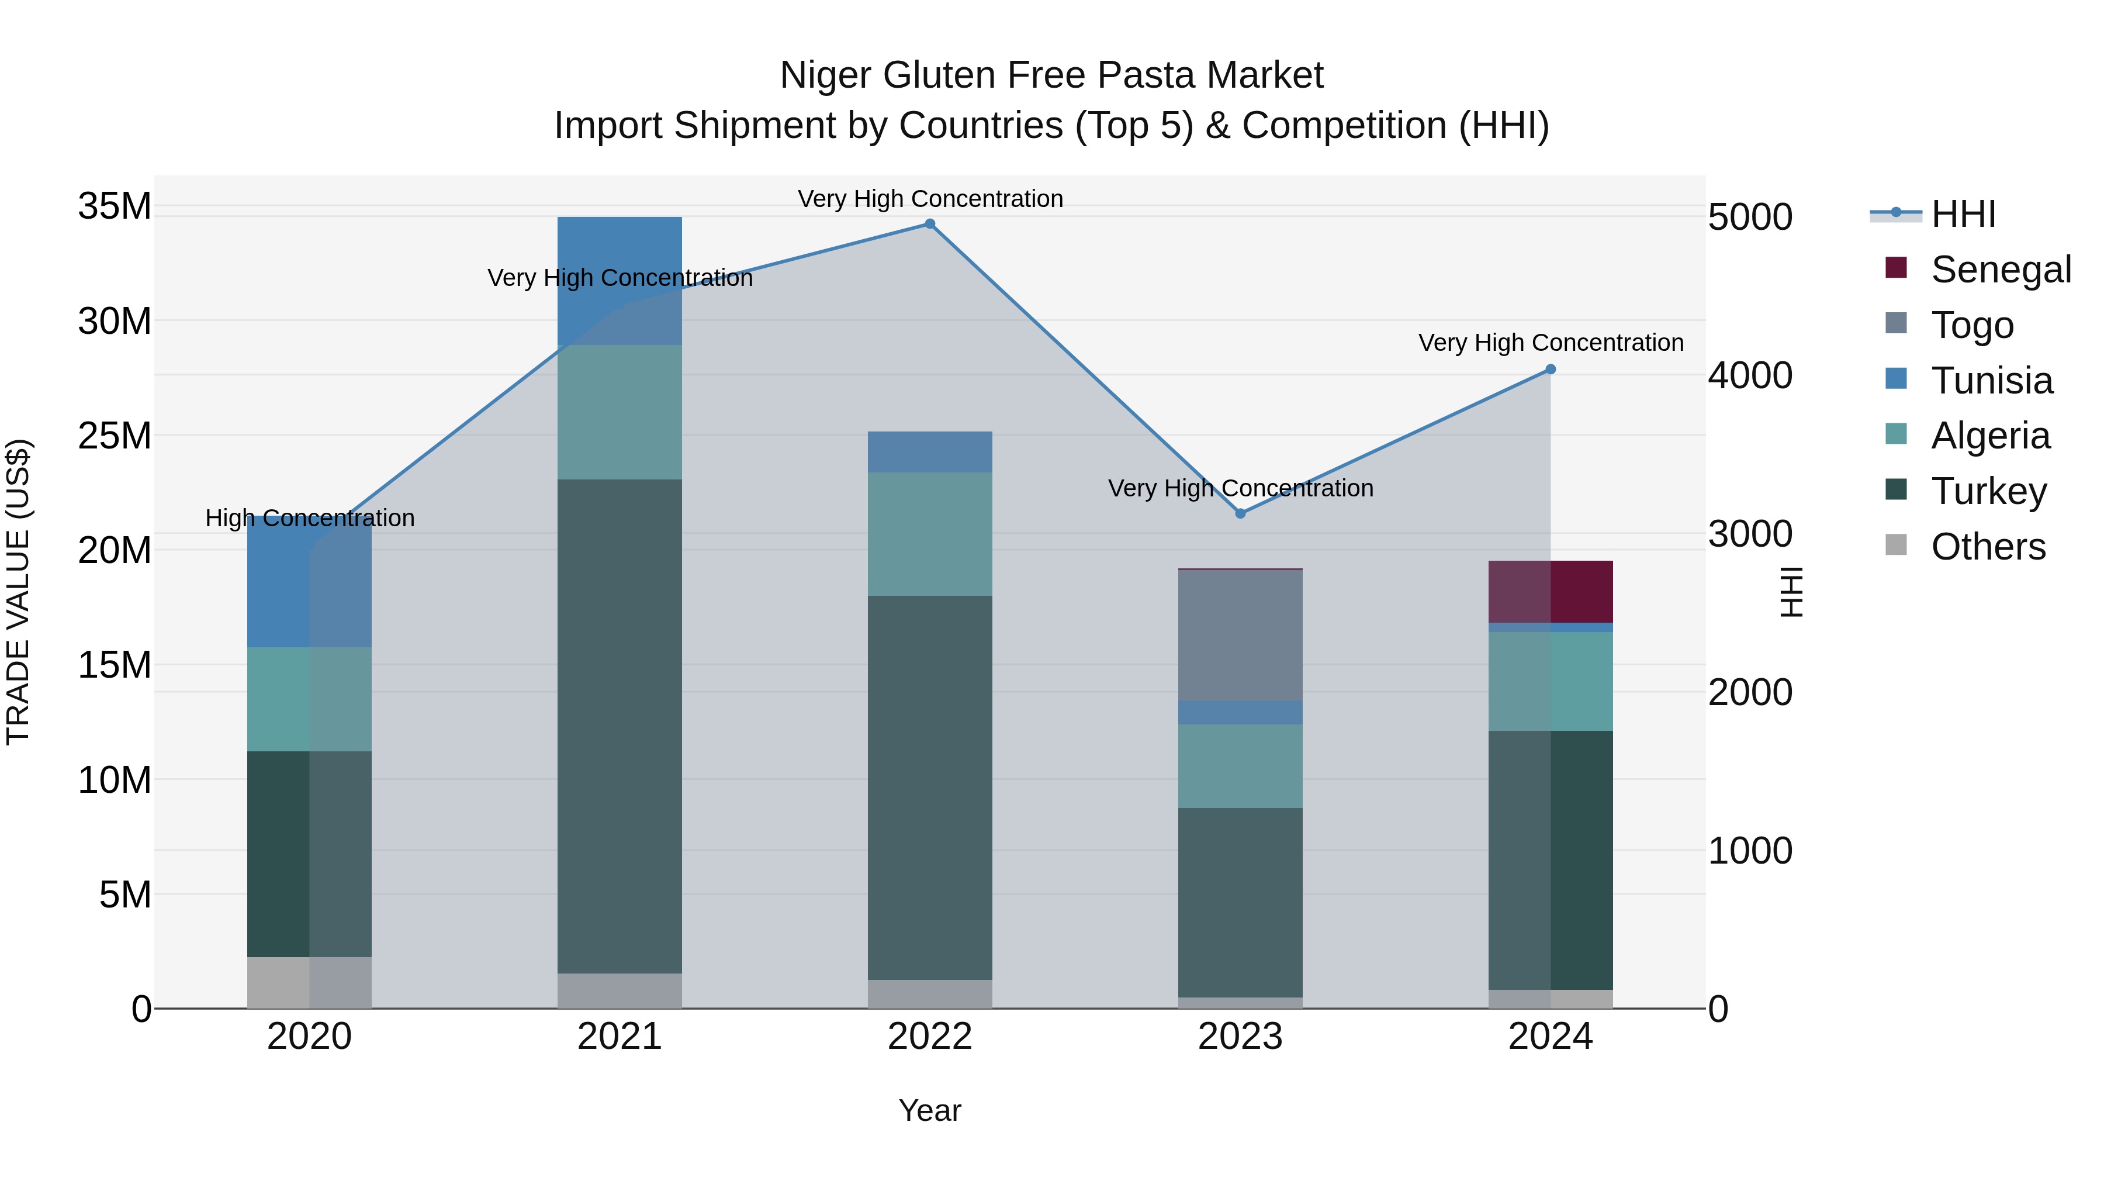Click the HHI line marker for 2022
(x=929, y=224)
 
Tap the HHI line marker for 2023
(x=1240, y=513)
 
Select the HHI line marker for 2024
(x=1550, y=370)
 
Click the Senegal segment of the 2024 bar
(x=1550, y=592)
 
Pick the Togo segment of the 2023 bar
(x=1240, y=635)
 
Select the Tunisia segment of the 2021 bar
(x=619, y=280)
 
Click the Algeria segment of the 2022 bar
(x=929, y=534)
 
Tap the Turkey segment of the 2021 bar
(x=619, y=726)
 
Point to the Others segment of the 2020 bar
(x=309, y=982)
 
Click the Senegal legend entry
(x=2001, y=269)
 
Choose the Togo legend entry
(x=1972, y=325)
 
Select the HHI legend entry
(x=1963, y=214)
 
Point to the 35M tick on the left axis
(x=115, y=206)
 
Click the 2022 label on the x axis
(x=929, y=1037)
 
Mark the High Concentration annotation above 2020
(x=310, y=518)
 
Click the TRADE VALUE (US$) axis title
(x=18, y=592)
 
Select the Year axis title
(x=929, y=1110)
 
